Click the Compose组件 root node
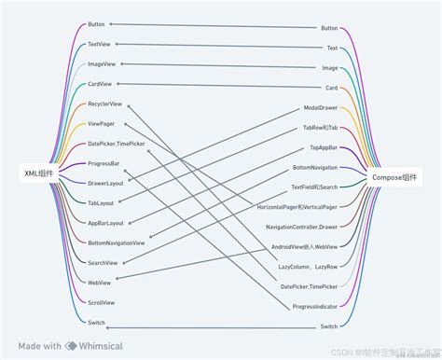396,176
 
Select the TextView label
100,44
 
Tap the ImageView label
102,64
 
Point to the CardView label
100,84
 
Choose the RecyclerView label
104,104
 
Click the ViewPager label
102,123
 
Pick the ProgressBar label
104,163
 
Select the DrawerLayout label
105,183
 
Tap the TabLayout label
101,202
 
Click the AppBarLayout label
104,223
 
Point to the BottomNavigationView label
116,242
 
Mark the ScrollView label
101,302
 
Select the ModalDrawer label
321,107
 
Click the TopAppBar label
325,147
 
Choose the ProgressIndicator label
314,307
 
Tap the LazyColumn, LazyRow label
308,267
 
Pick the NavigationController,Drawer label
301,227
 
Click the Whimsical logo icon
72,345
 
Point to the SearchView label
103,262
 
